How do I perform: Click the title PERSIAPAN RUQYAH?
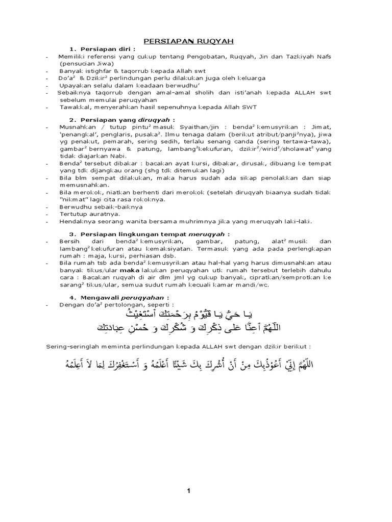tap(188, 40)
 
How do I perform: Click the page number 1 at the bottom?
tap(188, 490)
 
